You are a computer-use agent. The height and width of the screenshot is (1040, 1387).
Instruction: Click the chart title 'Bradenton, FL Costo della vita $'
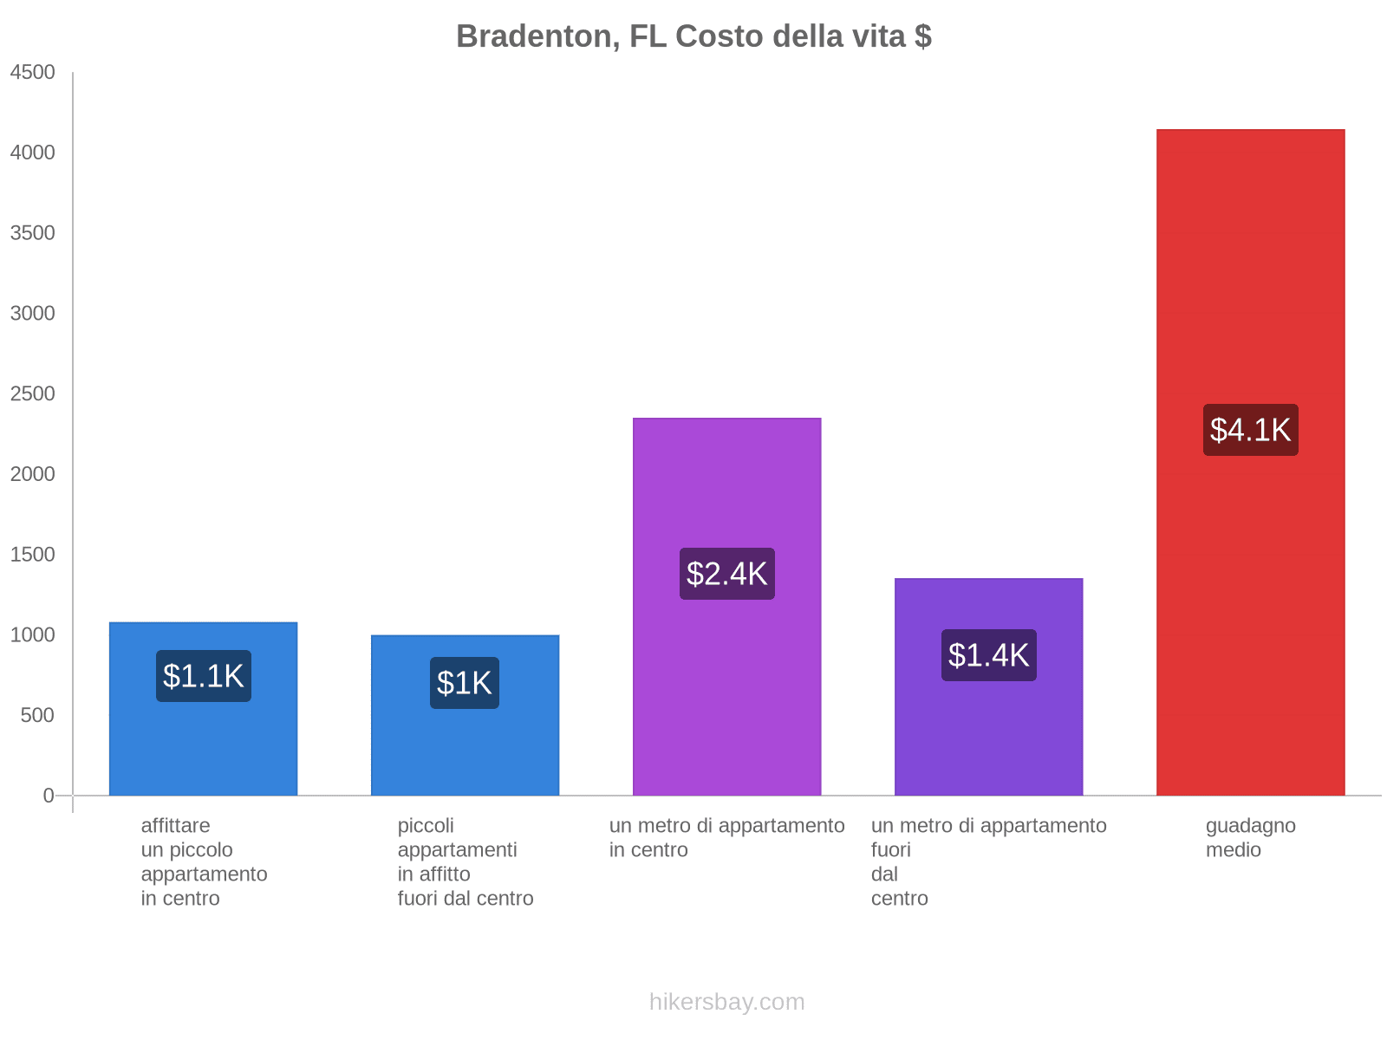693,36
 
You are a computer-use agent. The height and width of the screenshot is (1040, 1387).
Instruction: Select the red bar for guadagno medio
1250,607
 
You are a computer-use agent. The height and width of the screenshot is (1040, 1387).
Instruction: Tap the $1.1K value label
204,676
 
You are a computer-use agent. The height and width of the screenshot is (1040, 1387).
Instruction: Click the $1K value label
465,683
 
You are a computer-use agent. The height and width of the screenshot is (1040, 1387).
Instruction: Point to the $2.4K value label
726,574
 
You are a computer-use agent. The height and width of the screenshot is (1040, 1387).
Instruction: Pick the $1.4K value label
988,655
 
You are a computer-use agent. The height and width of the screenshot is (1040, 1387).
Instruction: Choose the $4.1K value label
1250,430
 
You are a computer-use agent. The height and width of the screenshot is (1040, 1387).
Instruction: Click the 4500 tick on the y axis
33,73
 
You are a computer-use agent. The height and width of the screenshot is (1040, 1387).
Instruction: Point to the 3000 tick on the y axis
33,314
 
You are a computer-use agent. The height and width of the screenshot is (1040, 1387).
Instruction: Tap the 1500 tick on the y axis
33,555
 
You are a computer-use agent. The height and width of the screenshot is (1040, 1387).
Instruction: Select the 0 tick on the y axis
49,796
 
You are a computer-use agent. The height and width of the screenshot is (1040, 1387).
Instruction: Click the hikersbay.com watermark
726,1002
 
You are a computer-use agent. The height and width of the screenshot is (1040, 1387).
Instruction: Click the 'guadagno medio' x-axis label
1250,838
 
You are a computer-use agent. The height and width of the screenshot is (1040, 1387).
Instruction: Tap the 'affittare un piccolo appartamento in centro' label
204,861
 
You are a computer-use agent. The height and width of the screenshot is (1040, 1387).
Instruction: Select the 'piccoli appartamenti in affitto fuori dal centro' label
465,861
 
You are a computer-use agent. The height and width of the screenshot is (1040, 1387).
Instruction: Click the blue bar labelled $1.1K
204,745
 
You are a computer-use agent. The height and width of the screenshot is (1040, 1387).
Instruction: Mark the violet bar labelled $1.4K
988,737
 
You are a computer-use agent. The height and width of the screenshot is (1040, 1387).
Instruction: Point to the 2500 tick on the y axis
33,394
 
